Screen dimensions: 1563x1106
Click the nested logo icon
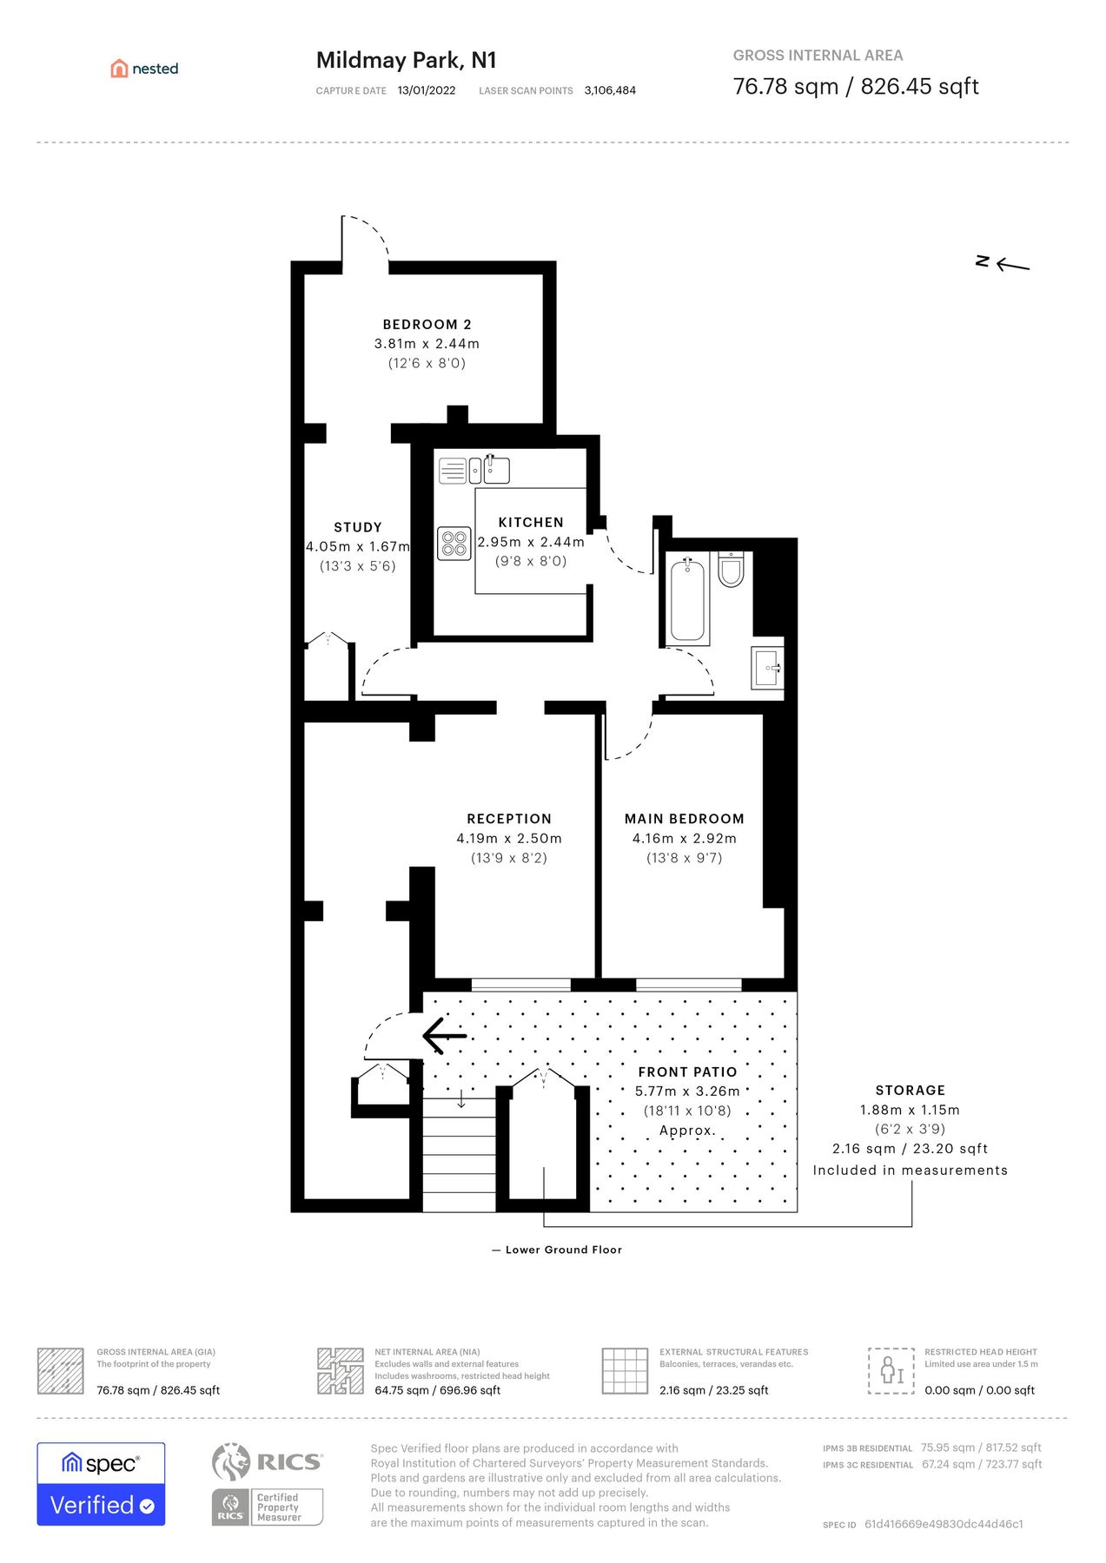119,69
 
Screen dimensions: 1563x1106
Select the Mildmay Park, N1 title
406,60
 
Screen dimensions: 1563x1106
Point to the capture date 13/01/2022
426,90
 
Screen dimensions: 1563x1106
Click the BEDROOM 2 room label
427,324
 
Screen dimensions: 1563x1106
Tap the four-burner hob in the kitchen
454,544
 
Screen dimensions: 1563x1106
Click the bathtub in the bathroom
687,601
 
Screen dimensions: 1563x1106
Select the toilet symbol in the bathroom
732,569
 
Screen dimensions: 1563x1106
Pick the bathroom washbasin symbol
767,669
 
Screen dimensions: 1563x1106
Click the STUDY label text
357,527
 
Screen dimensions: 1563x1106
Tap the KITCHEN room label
531,522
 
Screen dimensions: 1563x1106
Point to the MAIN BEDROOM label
684,819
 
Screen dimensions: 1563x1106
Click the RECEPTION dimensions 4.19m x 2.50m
509,839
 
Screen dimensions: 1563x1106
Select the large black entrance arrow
444,1036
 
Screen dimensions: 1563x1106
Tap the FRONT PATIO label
687,1072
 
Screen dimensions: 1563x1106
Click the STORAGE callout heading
910,1091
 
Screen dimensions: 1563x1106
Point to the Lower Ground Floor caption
563,1250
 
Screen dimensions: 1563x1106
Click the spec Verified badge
101,1484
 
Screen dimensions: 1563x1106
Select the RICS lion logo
231,1461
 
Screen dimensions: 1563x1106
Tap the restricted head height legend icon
891,1371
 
